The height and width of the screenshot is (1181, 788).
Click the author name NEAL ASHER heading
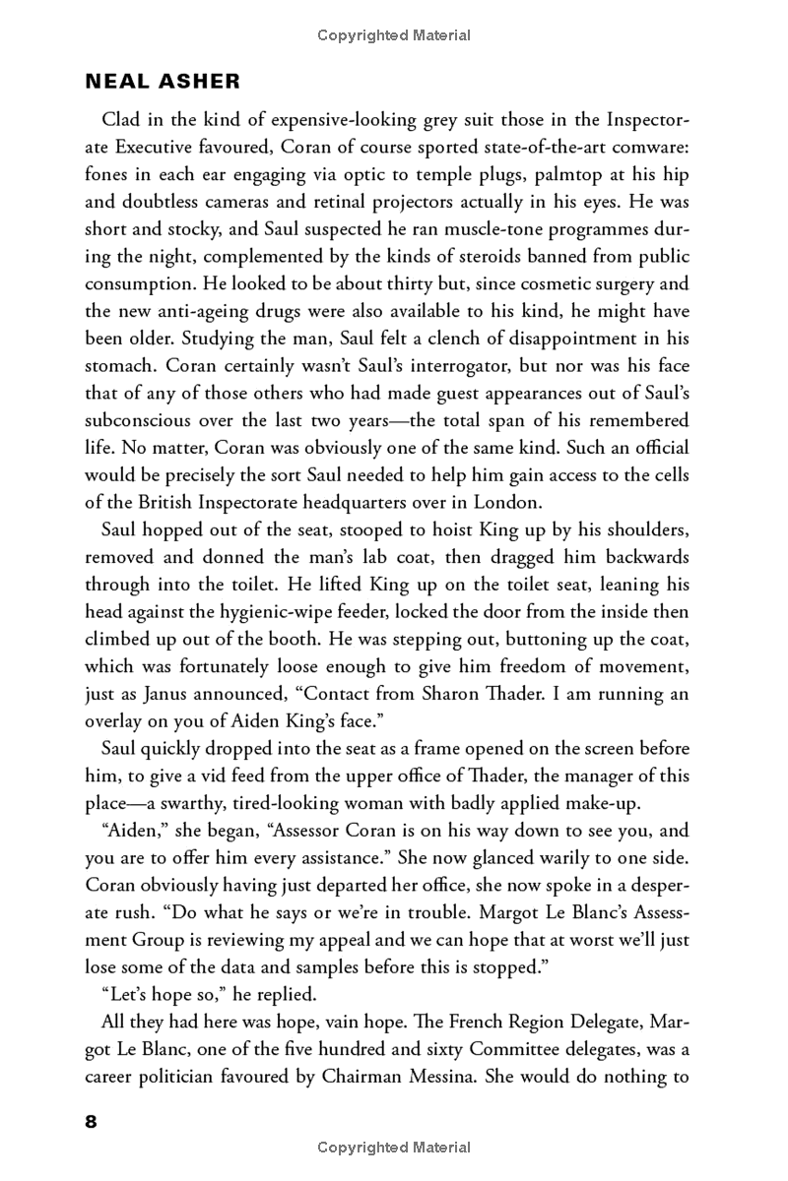163,81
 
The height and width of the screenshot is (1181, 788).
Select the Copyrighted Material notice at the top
394,35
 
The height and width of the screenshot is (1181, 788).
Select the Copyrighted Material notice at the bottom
394,1148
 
